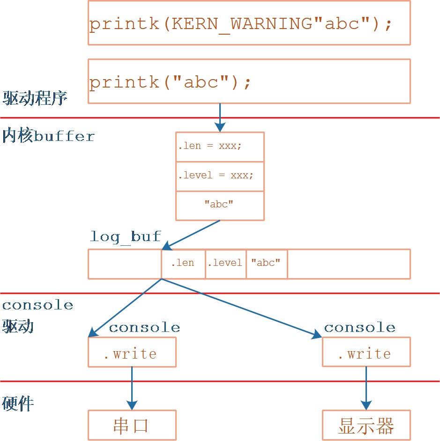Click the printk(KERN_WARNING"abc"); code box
point(249,23)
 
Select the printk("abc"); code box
point(249,81)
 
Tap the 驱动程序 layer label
point(35,98)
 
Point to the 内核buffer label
point(48,136)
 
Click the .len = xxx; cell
point(220,147)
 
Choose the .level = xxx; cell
point(220,176)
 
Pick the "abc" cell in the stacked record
point(220,205)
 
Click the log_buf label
point(126,236)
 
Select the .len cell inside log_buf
point(183,264)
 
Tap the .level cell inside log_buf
point(225,264)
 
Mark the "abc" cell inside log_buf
point(266,264)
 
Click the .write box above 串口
point(132,352)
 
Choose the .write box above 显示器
point(366,352)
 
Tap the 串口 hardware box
point(132,425)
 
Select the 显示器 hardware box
point(366,425)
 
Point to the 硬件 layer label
point(18,404)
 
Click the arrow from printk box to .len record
point(220,118)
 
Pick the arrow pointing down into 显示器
point(366,389)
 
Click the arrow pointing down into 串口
point(132,389)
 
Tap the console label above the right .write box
point(359,327)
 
